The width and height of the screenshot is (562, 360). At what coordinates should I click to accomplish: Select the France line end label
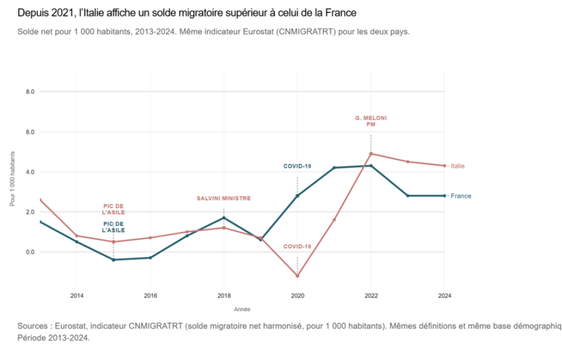pos(461,196)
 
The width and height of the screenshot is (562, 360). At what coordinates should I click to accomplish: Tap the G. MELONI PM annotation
pos(371,121)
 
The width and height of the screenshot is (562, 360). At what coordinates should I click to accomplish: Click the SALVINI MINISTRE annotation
pos(224,198)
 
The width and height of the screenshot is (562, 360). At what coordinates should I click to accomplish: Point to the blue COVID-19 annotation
pos(297,166)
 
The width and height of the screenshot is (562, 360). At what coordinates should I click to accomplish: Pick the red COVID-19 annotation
pos(297,246)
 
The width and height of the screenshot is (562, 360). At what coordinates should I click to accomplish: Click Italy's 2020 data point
pos(297,276)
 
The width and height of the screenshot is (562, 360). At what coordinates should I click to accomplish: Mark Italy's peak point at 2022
pos(371,154)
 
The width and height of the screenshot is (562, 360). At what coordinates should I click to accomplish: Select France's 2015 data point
pos(113,259)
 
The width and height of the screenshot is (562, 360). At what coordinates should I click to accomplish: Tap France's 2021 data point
pos(334,167)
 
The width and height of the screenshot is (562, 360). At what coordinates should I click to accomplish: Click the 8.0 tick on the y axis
pos(29,92)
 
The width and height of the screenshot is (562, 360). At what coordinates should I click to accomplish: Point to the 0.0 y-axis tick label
pos(29,252)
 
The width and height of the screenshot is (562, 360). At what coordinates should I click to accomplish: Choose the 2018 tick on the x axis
pos(224,296)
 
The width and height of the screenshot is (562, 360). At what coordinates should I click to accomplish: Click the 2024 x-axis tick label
pos(444,296)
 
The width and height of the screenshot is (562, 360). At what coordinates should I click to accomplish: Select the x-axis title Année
pos(242,309)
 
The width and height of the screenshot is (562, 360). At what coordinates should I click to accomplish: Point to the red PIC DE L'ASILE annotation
pos(113,209)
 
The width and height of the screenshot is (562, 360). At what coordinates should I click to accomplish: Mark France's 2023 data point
pos(408,196)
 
